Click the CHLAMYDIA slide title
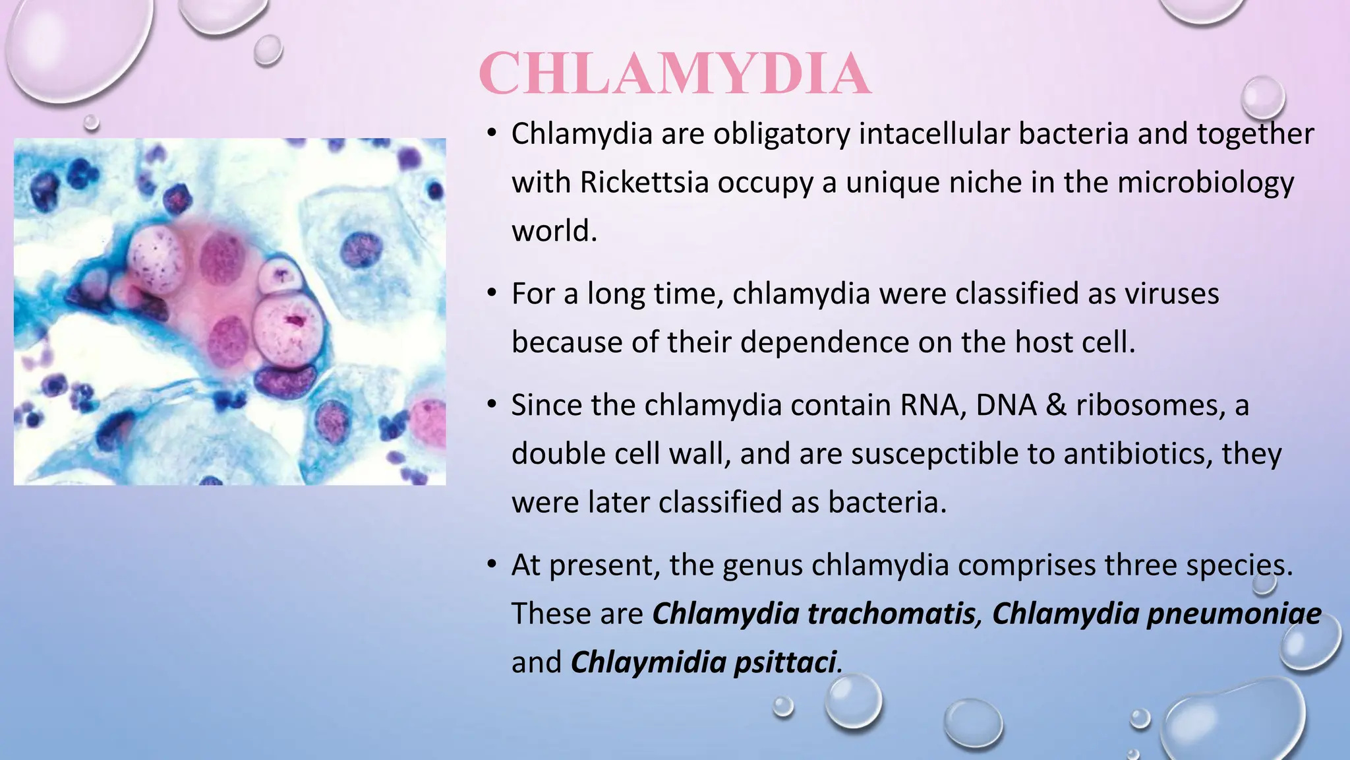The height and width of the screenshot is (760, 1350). (x=675, y=74)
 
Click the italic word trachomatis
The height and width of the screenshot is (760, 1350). (x=891, y=614)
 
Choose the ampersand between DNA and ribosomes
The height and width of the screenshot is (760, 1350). (x=1055, y=405)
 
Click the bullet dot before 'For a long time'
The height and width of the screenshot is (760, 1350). (x=491, y=292)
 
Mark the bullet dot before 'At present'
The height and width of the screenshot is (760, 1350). (x=491, y=564)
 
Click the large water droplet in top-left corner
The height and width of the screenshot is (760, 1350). (x=73, y=46)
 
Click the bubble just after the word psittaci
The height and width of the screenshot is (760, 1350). (x=854, y=701)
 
